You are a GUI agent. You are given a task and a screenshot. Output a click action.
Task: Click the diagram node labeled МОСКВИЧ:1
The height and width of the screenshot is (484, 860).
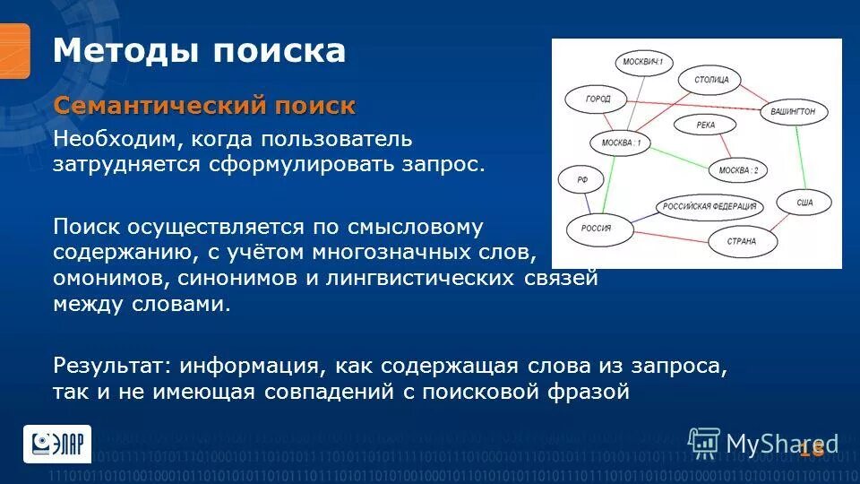[x=644, y=62]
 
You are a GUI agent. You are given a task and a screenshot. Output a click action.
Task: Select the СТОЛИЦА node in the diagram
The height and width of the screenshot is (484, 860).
[x=711, y=80]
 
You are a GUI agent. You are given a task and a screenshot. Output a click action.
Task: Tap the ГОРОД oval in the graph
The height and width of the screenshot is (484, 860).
[x=598, y=99]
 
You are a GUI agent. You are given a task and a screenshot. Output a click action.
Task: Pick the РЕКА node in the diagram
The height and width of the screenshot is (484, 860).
[x=705, y=125]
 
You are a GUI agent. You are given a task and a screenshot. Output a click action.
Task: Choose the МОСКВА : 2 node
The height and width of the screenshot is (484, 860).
[x=738, y=170]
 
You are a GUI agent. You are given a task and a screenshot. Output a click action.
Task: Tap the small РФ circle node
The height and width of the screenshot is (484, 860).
[x=582, y=180]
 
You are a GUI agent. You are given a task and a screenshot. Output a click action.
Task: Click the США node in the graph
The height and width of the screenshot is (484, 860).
[x=804, y=203]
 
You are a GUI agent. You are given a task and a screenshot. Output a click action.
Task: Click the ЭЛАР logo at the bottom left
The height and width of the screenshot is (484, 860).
[x=56, y=443]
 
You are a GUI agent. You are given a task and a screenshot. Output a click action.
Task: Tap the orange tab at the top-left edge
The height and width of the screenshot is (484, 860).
[x=14, y=50]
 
